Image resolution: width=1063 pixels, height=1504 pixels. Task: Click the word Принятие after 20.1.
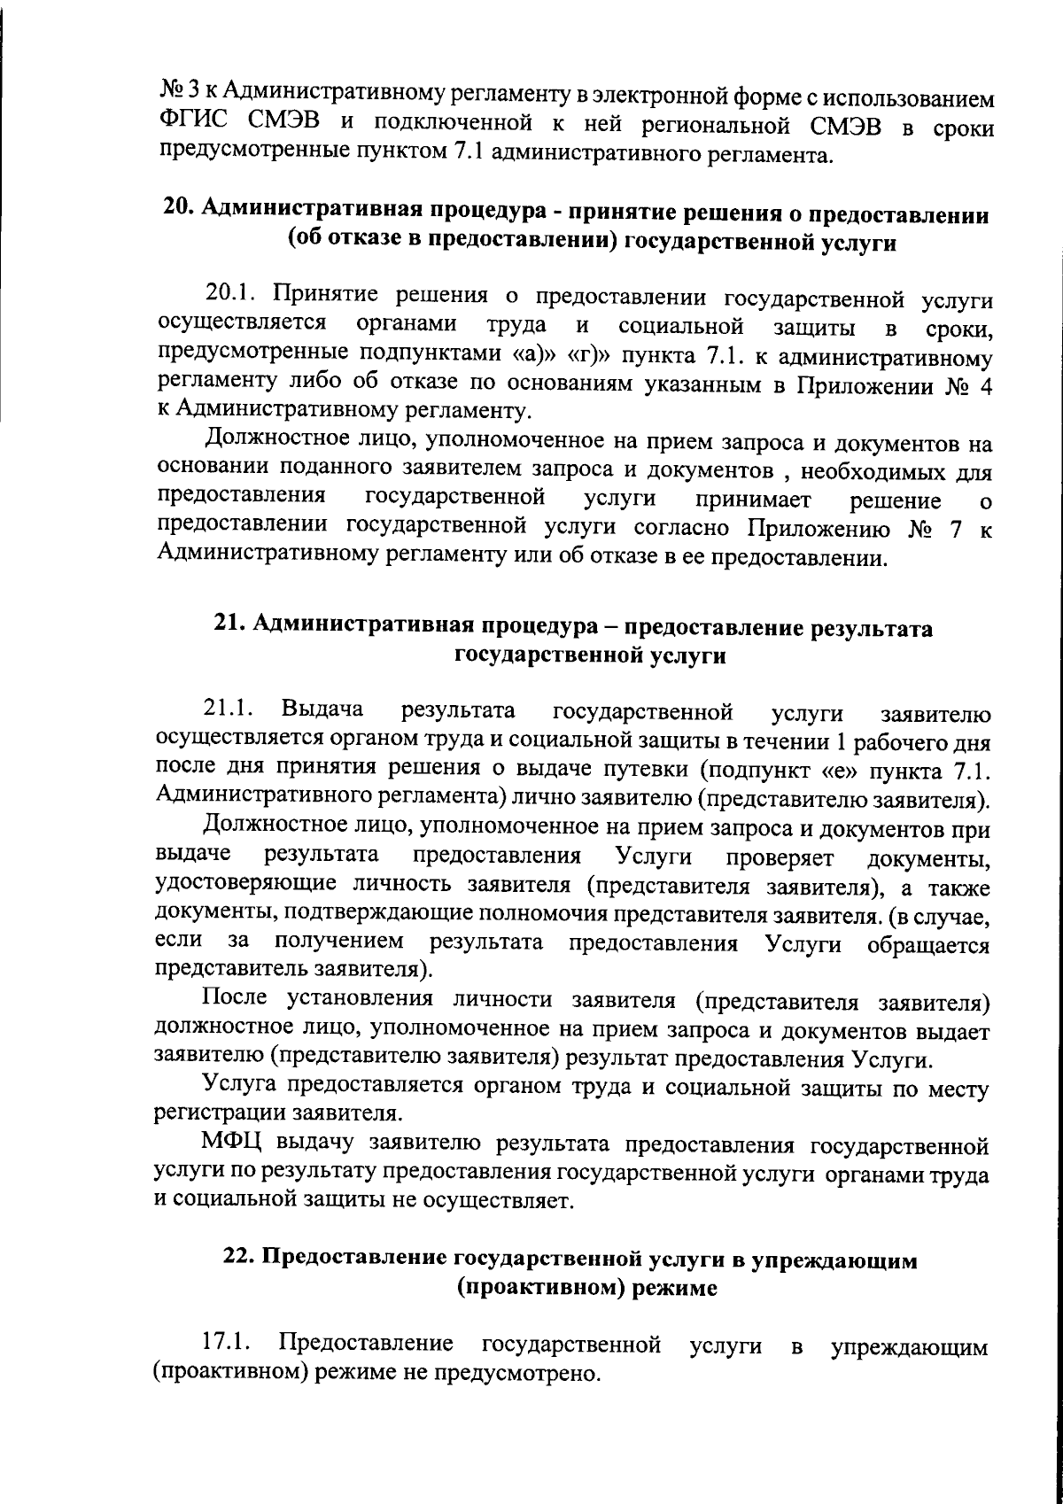click(x=319, y=294)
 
